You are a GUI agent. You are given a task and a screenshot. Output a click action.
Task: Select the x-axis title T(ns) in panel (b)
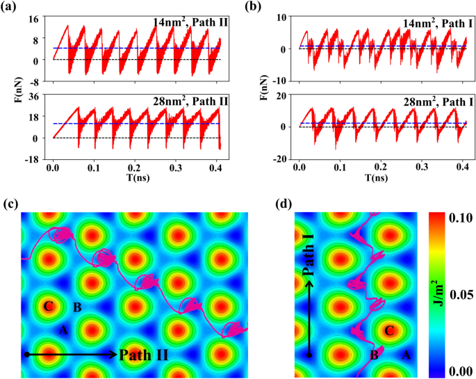pyautogui.click(x=377, y=178)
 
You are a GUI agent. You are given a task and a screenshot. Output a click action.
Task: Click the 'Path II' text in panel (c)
pyautogui.click(x=142, y=355)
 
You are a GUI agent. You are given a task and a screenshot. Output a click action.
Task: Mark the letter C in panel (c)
pyautogui.click(x=48, y=305)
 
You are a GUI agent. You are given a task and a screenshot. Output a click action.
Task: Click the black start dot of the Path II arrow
pyautogui.click(x=26, y=355)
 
